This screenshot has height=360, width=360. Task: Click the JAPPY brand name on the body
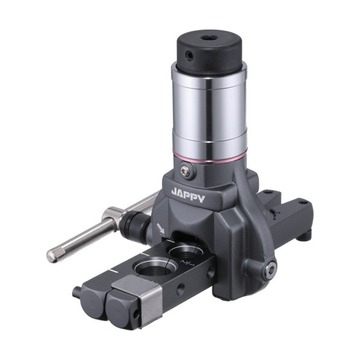pyautogui.click(x=188, y=196)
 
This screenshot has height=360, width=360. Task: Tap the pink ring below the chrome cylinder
pyautogui.click(x=209, y=158)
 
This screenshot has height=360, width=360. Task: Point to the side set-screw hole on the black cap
pyautogui.click(x=189, y=55)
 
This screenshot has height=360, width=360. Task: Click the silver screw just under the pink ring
pyautogui.click(x=185, y=171)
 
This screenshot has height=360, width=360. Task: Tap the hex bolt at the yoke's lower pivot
pyautogui.click(x=270, y=269)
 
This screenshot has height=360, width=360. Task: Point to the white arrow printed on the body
pyautogui.click(x=161, y=229)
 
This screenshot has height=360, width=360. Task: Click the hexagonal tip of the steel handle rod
pyautogui.click(x=52, y=255)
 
